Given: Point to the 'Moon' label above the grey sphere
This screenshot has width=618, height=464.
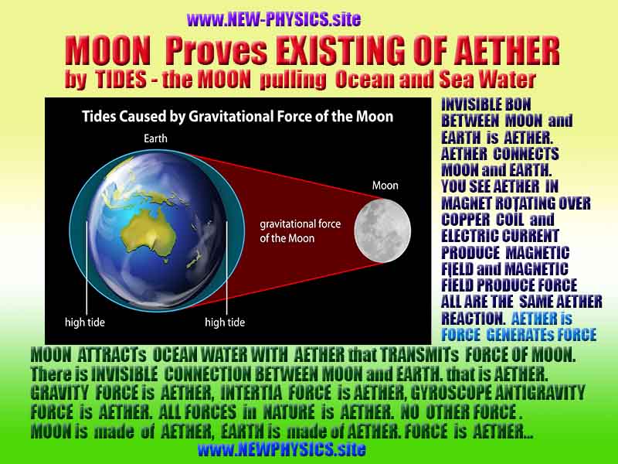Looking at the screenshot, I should [385, 186].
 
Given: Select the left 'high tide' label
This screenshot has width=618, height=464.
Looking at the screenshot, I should [85, 322].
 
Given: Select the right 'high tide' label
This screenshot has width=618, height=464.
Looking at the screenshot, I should [226, 322].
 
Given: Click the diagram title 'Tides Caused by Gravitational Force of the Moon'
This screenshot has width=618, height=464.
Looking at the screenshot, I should [238, 118].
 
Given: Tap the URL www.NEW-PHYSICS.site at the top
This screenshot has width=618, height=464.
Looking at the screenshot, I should [273, 19].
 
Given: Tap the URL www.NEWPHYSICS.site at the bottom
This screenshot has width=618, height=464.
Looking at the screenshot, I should [281, 449].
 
